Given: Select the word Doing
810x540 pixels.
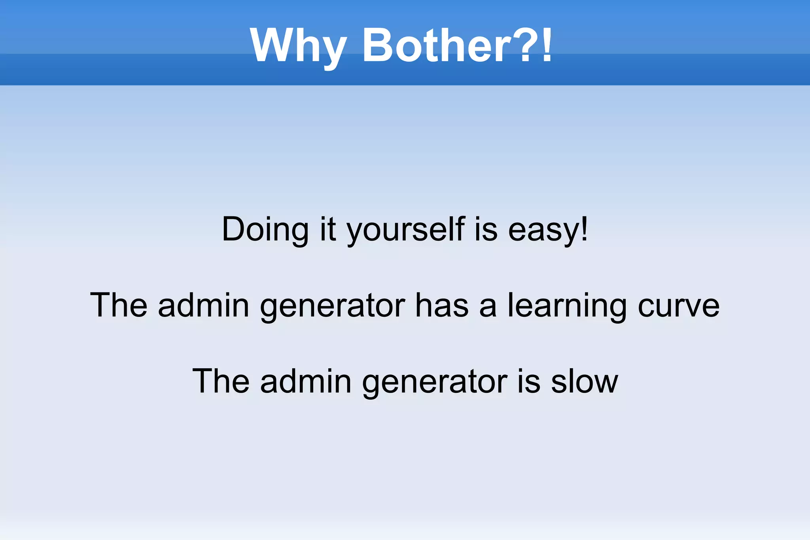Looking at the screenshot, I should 265,229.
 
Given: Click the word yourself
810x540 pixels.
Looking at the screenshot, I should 405,229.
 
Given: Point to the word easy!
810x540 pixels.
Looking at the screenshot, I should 548,229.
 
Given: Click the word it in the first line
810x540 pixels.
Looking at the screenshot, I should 328,229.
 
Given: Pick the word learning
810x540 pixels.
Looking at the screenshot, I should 567,305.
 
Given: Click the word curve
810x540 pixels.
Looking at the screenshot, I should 678,305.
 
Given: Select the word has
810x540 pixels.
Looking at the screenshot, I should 442,305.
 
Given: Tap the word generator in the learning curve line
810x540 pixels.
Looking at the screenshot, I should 332,305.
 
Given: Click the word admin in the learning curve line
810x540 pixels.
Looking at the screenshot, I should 203,305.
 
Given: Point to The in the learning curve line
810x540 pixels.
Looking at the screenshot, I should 119,305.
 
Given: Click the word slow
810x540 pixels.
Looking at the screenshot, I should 584,381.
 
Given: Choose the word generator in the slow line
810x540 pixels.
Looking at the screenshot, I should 434,381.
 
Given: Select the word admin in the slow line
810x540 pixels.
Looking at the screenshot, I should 305,381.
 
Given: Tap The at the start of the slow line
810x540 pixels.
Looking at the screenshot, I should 221,381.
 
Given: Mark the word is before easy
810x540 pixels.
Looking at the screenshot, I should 485,229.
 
